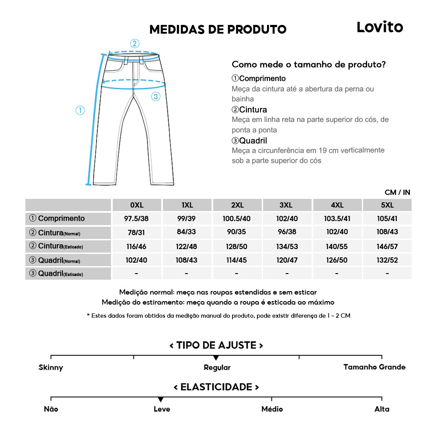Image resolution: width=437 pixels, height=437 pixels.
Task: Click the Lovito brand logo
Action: pos(379,27)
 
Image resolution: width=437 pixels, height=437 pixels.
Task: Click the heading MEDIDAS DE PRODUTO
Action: pos(218,29)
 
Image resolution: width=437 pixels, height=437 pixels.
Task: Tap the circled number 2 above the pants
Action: pos(135,43)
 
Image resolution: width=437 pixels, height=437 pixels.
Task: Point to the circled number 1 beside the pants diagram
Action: pos(80,110)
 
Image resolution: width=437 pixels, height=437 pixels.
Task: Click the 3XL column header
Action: pos(287,205)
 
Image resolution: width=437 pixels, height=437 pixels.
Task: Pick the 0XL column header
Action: pos(137,205)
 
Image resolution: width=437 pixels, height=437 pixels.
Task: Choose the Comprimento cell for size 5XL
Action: pos(387,218)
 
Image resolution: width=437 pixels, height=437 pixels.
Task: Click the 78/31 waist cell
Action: pos(137,232)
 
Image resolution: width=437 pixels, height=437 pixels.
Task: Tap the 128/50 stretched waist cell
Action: pos(237,246)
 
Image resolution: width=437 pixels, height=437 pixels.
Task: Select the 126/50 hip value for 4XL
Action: pos(337,260)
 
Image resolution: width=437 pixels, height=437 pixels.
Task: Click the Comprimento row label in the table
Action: pos(57,218)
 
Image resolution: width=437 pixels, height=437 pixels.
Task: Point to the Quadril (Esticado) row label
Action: pos(56,274)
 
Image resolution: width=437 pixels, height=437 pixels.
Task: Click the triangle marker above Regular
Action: pos(216,358)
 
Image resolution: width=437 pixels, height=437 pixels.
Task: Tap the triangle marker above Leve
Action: pos(161,399)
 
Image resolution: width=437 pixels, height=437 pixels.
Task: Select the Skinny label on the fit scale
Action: pos(51,368)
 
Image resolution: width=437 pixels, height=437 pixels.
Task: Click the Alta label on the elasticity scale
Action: pos(382,409)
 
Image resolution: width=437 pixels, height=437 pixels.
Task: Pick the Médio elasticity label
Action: pos(272,409)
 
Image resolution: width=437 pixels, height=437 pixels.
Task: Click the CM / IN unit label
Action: pos(397,192)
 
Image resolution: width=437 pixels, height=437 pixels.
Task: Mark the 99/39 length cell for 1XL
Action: pos(187,218)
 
